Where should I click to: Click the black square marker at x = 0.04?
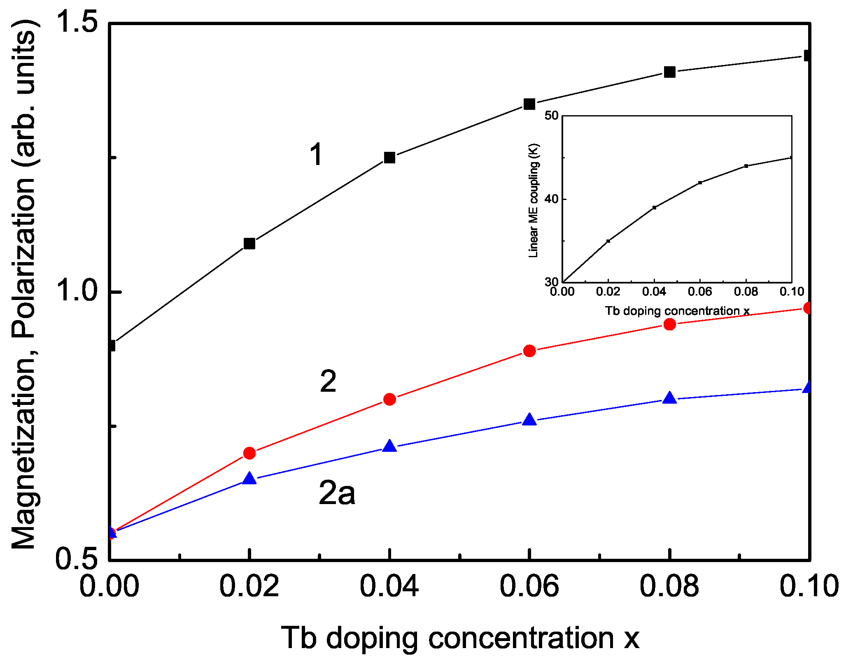pyautogui.click(x=389, y=158)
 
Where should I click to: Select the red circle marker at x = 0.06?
pyautogui.click(x=529, y=351)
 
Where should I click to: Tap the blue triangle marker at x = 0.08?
pyautogui.click(x=670, y=398)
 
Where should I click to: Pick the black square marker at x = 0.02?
pyautogui.click(x=249, y=244)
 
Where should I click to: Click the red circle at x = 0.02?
pyautogui.click(x=249, y=453)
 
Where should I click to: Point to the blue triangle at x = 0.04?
pyautogui.click(x=389, y=446)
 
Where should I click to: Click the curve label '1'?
pyautogui.click(x=316, y=155)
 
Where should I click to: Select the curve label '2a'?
pyautogui.click(x=336, y=493)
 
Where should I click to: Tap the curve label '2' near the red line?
pyautogui.click(x=328, y=381)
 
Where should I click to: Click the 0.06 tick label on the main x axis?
pyautogui.click(x=529, y=586)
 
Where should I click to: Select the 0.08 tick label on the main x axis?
pyautogui.click(x=669, y=586)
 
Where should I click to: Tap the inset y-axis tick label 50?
pyautogui.click(x=552, y=116)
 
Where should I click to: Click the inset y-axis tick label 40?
pyautogui.click(x=552, y=199)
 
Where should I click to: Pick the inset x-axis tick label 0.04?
pyautogui.click(x=654, y=292)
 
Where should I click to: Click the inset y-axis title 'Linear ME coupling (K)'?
pyautogui.click(x=534, y=200)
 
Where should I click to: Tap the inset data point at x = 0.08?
pyautogui.click(x=746, y=166)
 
